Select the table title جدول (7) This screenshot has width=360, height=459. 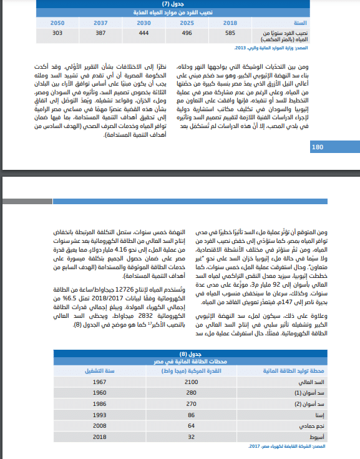179,4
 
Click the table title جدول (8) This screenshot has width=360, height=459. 179,354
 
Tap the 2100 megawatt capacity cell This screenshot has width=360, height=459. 192,381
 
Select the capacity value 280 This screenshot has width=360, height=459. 192,393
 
